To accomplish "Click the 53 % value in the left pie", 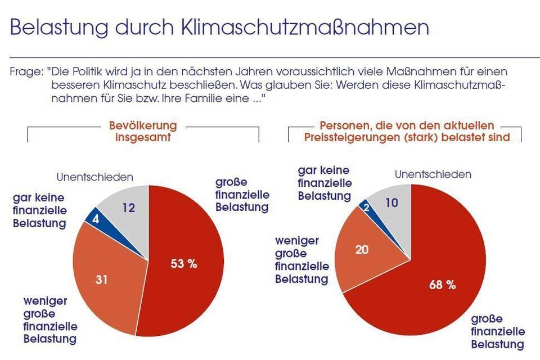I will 184,264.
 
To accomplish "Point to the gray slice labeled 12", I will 129,208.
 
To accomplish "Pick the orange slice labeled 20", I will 362,249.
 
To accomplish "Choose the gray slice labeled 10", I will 391,202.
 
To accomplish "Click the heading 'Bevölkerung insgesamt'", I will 142,130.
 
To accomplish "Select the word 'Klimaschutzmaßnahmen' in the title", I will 304,27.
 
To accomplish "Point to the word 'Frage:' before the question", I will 26,73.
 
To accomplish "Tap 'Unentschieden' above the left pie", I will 94,177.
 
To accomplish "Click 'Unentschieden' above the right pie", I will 433,174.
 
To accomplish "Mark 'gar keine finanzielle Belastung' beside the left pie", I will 39,210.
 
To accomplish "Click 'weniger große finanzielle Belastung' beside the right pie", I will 301,260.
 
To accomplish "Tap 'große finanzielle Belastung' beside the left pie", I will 242,195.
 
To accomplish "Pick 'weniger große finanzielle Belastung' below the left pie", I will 49,319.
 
